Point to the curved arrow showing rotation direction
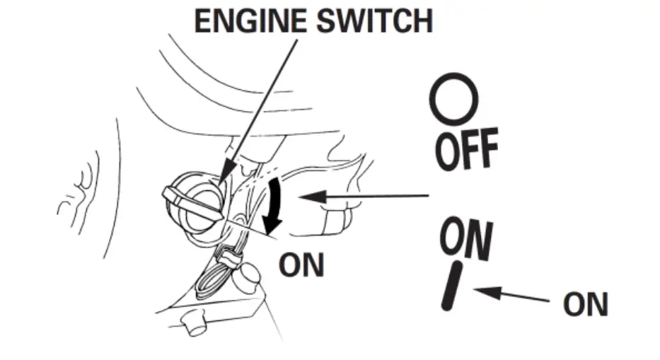(x=272, y=205)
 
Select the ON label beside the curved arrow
(x=301, y=265)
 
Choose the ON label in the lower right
(x=585, y=304)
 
